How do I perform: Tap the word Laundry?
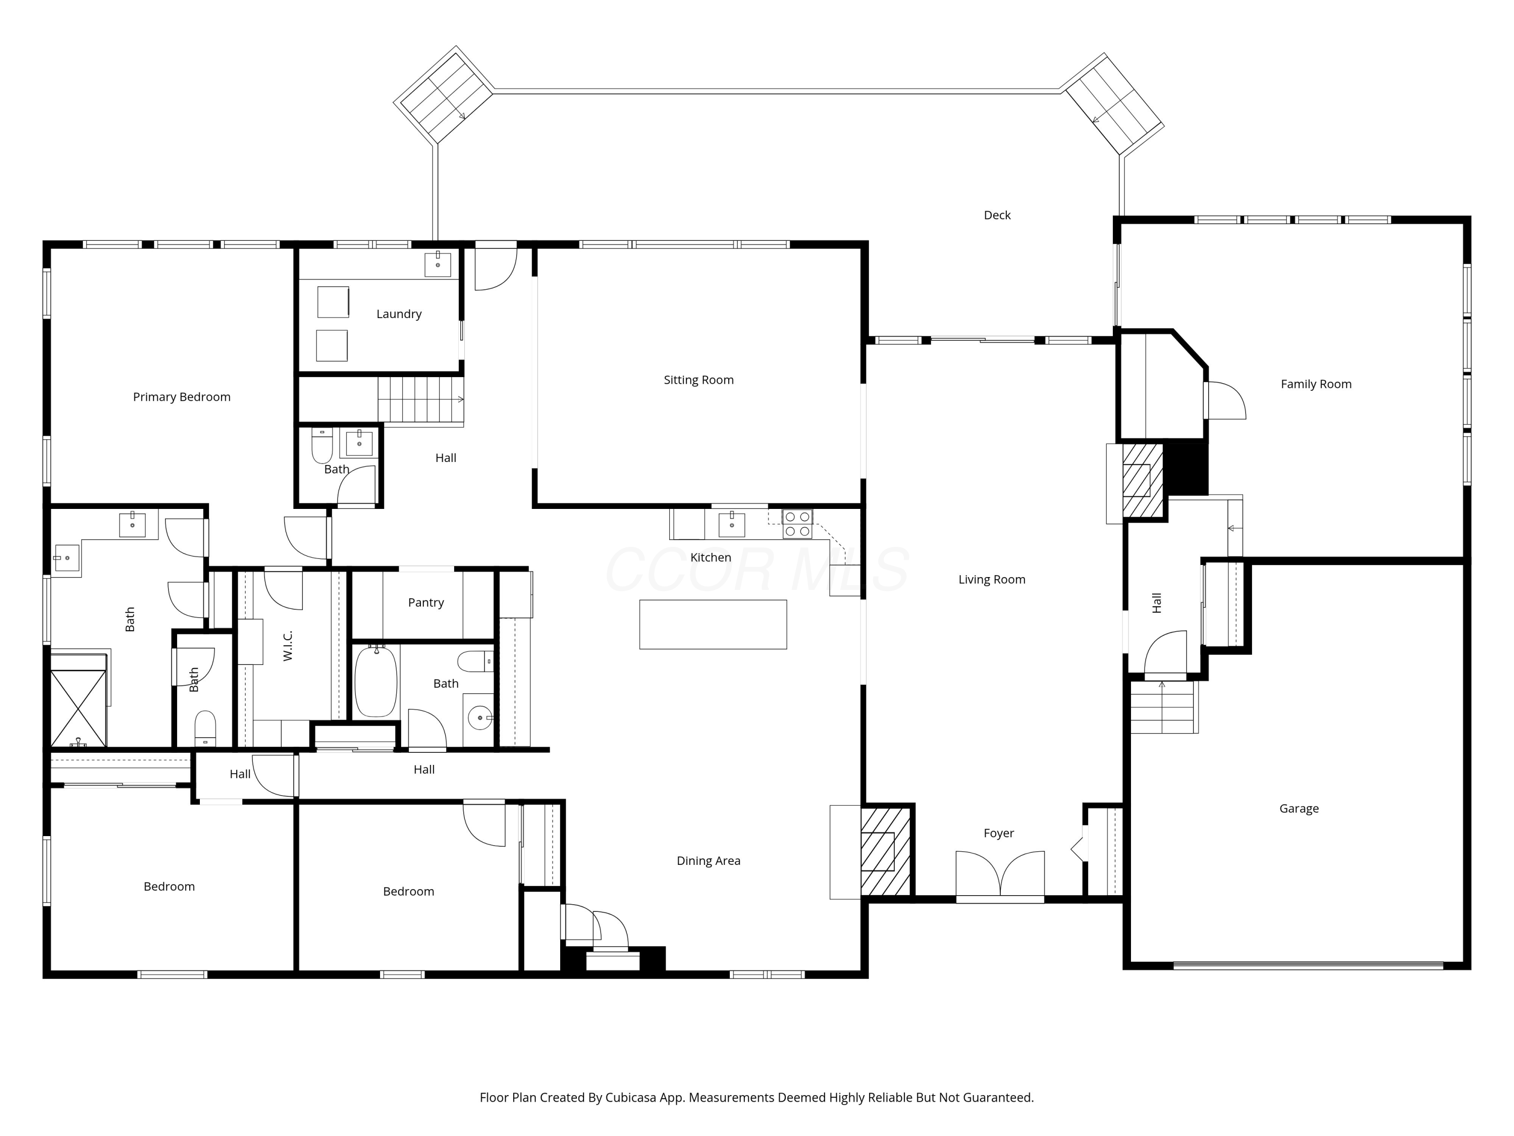399,315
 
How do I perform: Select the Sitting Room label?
699,380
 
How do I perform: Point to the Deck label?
997,215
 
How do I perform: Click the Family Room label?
1316,384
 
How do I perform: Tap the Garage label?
1299,809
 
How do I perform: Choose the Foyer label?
999,834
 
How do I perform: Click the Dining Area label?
709,861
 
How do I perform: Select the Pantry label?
426,602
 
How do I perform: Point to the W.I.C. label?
288,646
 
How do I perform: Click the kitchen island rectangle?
713,625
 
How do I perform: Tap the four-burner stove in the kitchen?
797,524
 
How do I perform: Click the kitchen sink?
732,524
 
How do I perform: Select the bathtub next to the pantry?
376,681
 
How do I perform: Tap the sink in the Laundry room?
438,264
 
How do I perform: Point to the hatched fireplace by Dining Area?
886,851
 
